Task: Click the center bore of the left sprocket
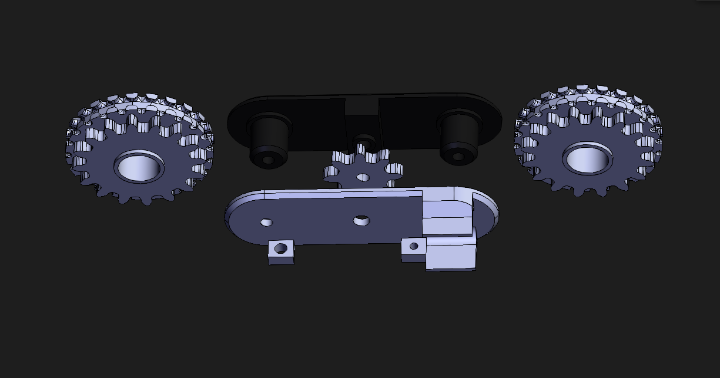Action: [x=139, y=167]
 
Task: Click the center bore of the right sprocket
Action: [x=587, y=159]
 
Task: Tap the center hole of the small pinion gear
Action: [x=363, y=177]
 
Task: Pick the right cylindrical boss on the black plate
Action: [x=459, y=137]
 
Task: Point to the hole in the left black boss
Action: [x=268, y=159]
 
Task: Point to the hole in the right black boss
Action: [x=458, y=157]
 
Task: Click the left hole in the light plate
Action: [x=267, y=222]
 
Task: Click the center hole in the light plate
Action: [x=361, y=220]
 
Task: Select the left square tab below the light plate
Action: [x=281, y=251]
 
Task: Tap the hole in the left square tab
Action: [x=281, y=248]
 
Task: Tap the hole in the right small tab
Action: [x=414, y=246]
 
